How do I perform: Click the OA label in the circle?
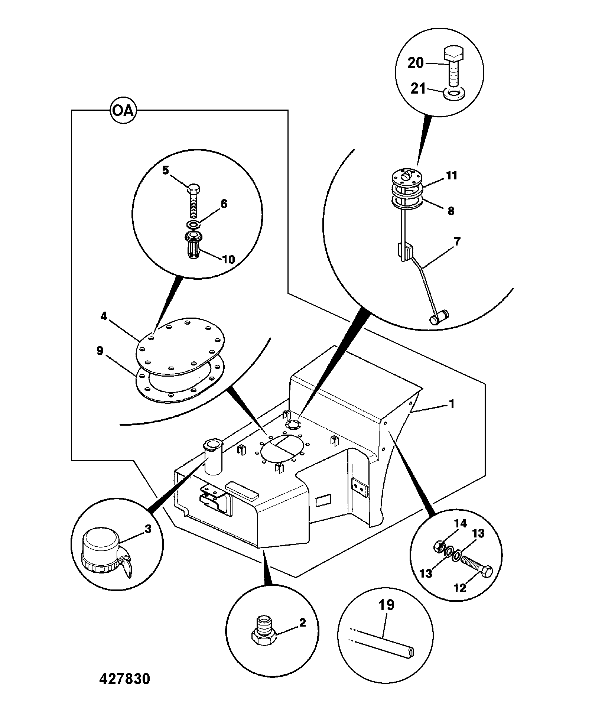pyautogui.click(x=123, y=111)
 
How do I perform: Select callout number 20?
pyautogui.click(x=416, y=63)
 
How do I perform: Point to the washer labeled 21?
pyautogui.click(x=453, y=94)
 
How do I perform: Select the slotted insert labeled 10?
pyautogui.click(x=193, y=246)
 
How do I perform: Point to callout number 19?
pyautogui.click(x=386, y=605)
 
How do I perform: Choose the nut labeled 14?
pyautogui.click(x=439, y=546)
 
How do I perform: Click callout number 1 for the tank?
pyautogui.click(x=452, y=404)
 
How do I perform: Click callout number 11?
pyautogui.click(x=452, y=175)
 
